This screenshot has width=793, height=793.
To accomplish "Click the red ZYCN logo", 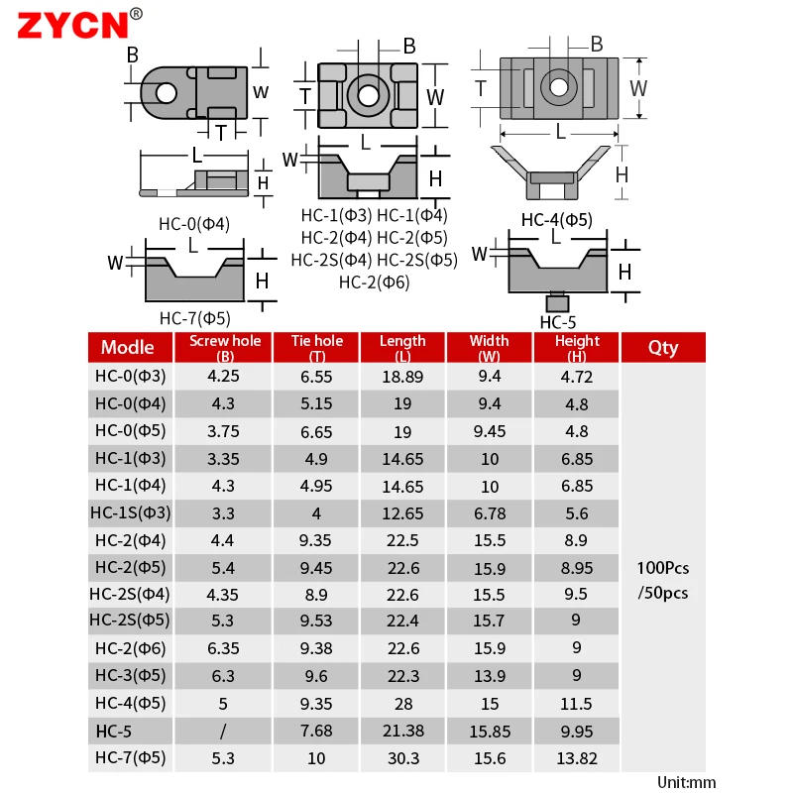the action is pyautogui.click(x=73, y=26).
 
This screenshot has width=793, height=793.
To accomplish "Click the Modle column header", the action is pyautogui.click(x=128, y=348).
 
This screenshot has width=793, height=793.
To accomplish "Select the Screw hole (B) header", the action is pyautogui.click(x=225, y=348).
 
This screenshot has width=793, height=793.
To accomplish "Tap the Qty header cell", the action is pyautogui.click(x=663, y=348).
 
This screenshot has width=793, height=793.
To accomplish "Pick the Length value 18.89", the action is pyautogui.click(x=402, y=377).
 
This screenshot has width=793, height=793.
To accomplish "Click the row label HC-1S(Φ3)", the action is pyautogui.click(x=131, y=512).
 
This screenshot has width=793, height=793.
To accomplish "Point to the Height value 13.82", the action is pyautogui.click(x=577, y=758).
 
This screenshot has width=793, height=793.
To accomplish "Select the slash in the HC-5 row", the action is pyautogui.click(x=223, y=731).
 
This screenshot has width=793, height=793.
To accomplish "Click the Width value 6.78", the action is pyautogui.click(x=490, y=513).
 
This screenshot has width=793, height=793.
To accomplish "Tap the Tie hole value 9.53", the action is pyautogui.click(x=316, y=621).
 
